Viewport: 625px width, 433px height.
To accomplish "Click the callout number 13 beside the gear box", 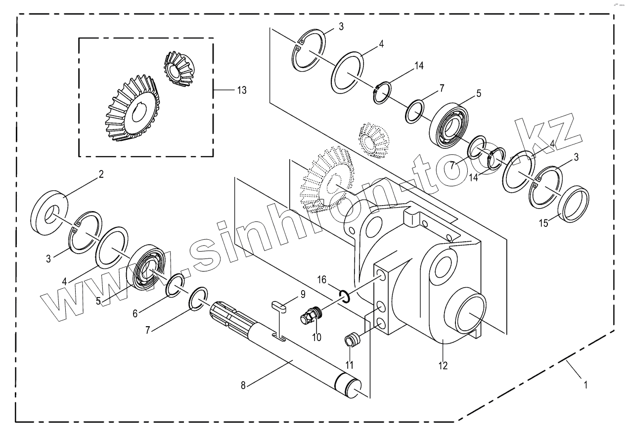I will (x=242, y=90).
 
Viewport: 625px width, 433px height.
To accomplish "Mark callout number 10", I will (x=316, y=338).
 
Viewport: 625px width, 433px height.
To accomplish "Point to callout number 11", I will (x=350, y=365).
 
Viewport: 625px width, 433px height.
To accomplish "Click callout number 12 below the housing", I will (x=443, y=366).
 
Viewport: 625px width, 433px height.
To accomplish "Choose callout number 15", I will (x=543, y=223).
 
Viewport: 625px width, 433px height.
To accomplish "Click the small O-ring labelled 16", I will (x=345, y=296).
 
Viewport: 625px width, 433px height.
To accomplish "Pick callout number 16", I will (x=321, y=280).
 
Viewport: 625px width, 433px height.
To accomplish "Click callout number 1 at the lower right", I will (x=586, y=385).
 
